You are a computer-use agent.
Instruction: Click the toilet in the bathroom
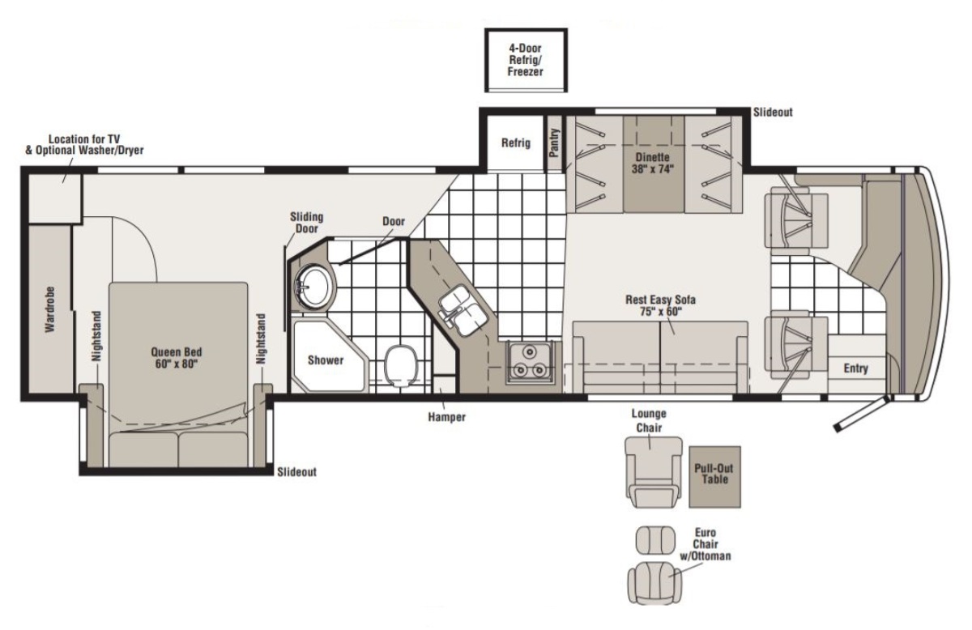click(402, 365)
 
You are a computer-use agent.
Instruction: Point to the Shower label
click(326, 360)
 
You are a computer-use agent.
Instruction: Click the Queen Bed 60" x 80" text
click(177, 358)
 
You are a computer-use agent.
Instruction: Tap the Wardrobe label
click(50, 309)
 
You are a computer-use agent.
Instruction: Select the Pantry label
click(554, 143)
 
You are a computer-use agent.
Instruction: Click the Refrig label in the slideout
click(515, 143)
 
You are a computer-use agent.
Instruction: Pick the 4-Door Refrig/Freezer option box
click(526, 60)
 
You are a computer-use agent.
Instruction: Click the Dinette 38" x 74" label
click(653, 163)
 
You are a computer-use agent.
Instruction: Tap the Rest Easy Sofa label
click(660, 300)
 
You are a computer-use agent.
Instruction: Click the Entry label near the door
click(855, 368)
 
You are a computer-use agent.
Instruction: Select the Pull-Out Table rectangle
click(714, 477)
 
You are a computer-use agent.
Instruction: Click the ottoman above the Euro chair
click(655, 540)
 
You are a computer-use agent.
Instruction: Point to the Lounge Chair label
click(649, 421)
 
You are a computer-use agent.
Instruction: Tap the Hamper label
click(446, 417)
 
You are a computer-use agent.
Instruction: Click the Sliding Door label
click(307, 223)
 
